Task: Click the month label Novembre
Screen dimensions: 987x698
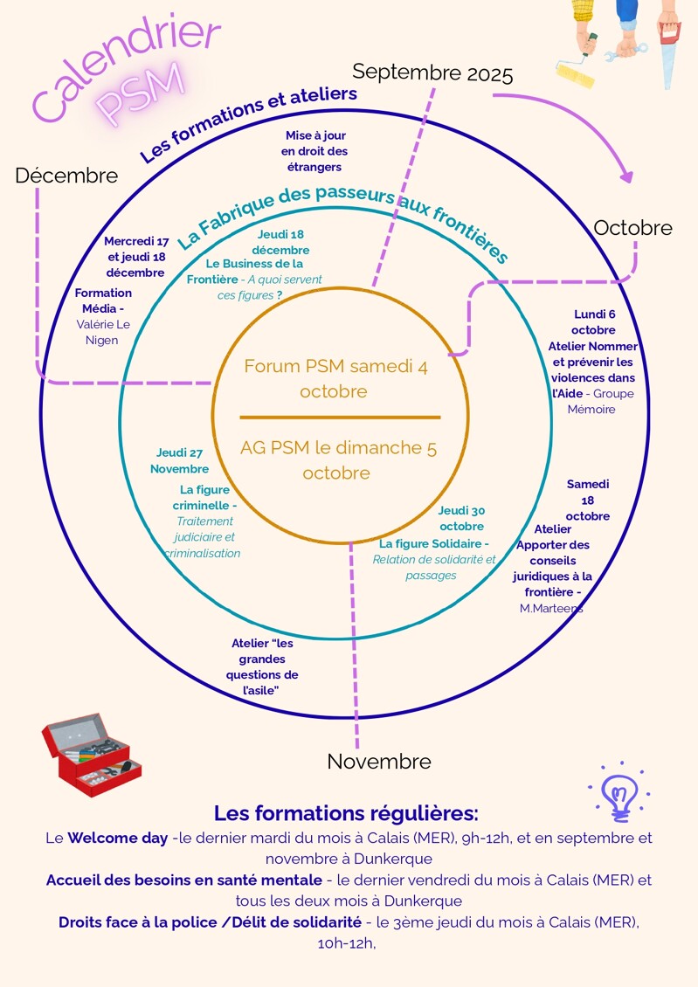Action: (378, 762)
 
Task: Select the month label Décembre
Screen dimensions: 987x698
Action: (66, 176)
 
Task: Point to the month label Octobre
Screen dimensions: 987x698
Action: (632, 228)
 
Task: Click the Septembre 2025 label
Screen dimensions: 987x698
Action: (432, 73)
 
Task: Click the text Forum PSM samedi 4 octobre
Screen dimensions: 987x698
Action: (335, 378)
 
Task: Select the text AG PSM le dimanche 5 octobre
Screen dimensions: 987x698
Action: (338, 460)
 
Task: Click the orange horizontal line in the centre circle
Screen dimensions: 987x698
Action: (340, 418)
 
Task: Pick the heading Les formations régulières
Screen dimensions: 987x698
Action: (346, 813)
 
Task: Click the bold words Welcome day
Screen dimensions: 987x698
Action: (118, 839)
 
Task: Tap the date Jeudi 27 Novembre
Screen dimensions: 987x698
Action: (180, 460)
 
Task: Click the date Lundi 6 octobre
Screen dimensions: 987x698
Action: (594, 321)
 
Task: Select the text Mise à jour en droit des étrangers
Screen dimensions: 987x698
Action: (315, 150)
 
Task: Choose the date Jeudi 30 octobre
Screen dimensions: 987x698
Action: (462, 518)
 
